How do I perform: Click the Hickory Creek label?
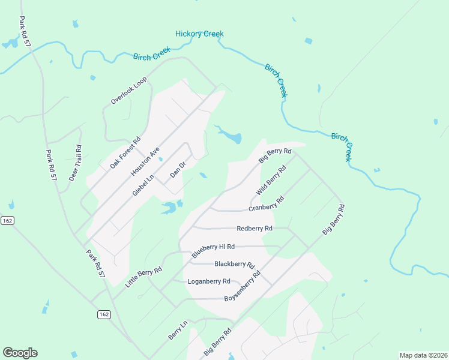tap(199, 34)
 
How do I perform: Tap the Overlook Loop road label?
tap(128, 91)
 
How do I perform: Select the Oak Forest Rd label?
tap(125, 152)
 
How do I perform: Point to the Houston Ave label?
tap(145, 162)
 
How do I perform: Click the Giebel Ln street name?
tap(143, 184)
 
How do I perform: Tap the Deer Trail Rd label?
tap(74, 163)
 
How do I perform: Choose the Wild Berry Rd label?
tap(271, 179)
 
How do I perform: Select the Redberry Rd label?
tap(255, 229)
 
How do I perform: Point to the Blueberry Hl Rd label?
tap(213, 250)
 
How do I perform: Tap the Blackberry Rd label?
tap(235, 264)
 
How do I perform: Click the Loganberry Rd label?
tap(209, 281)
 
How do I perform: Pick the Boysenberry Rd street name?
tap(243, 286)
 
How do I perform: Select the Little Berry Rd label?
tap(143, 279)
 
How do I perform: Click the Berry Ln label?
tap(178, 331)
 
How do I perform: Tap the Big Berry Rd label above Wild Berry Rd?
tap(275, 156)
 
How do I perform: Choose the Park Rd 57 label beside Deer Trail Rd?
tap(52, 166)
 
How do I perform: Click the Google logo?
tap(20, 353)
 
